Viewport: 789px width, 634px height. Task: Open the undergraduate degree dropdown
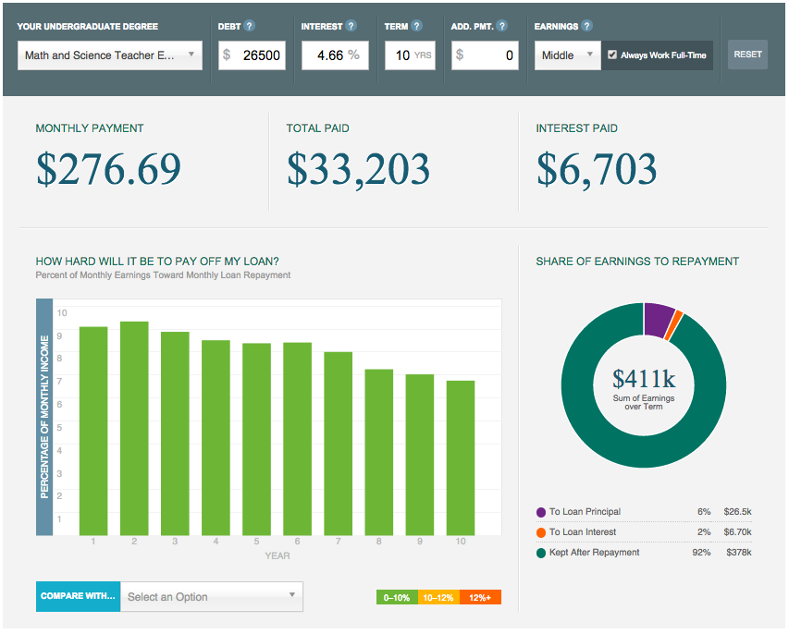coord(110,55)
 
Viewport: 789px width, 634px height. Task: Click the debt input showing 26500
coord(252,55)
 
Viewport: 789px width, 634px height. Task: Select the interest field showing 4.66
coord(334,55)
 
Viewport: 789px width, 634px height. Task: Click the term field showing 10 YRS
coord(410,55)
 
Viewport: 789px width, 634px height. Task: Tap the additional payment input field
coord(485,55)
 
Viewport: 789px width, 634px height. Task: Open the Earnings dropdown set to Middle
coord(567,55)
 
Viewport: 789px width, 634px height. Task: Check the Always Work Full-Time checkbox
coord(612,55)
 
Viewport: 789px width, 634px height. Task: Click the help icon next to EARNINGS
coord(587,27)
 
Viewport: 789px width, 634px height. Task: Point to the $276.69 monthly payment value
coord(108,170)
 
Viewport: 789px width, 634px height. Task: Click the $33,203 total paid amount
coord(358,170)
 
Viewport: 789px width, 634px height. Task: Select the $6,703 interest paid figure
coord(597,170)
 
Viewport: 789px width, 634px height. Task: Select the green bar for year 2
coord(134,428)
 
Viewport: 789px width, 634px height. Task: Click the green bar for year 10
coord(461,457)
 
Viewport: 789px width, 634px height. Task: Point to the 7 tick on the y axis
coord(62,381)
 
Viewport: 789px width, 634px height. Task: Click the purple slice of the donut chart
coord(658,318)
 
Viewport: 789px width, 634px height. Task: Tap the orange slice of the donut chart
coord(677,321)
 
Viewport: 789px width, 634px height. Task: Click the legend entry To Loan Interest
coord(583,532)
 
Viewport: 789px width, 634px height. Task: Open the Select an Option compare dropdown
coord(211,597)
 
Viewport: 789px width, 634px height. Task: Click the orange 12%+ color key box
coord(480,597)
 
